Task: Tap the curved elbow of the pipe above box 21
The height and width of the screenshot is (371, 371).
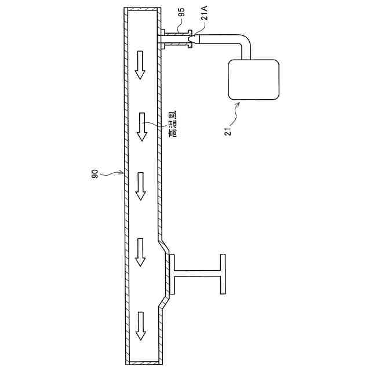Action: [x=246, y=43]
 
